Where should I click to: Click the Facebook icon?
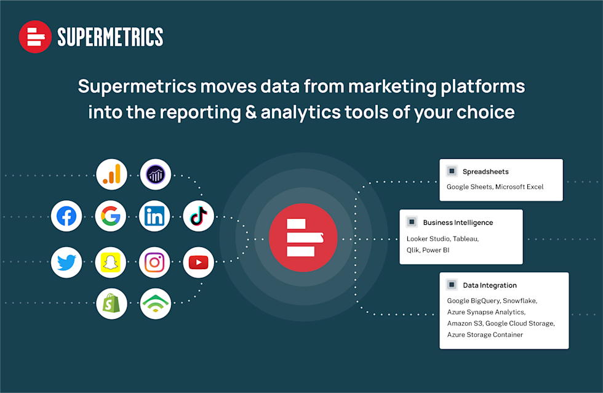(x=66, y=216)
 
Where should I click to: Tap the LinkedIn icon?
(x=154, y=216)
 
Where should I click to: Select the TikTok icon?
(x=198, y=216)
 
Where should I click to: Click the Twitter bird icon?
(x=66, y=262)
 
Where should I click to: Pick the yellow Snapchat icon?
(x=111, y=262)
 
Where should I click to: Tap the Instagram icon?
(x=154, y=262)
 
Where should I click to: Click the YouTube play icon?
(x=198, y=262)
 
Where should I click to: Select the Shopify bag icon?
(x=111, y=304)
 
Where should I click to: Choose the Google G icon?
(x=111, y=216)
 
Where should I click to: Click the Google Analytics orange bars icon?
(x=111, y=174)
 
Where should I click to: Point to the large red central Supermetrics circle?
(x=303, y=238)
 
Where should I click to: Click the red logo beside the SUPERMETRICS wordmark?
(x=35, y=37)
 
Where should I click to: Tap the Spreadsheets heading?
(x=485, y=172)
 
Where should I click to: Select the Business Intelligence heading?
(x=458, y=222)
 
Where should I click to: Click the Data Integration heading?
(x=490, y=285)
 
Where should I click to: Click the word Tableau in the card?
(x=466, y=238)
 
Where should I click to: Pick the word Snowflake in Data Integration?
(x=520, y=301)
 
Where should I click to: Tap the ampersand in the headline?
(x=251, y=111)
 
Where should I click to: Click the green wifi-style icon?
(x=155, y=304)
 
